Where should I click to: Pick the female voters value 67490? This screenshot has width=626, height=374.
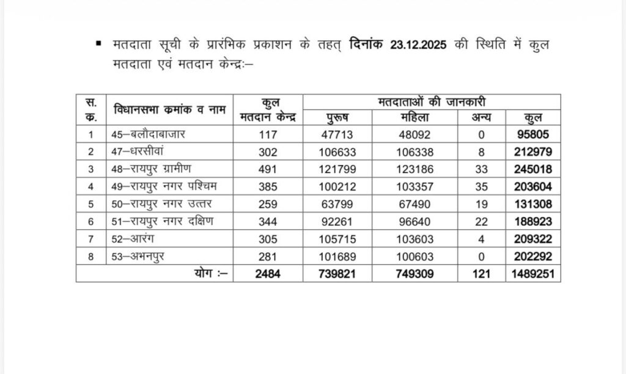click(x=414, y=204)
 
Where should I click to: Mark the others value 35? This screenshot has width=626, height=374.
click(x=481, y=186)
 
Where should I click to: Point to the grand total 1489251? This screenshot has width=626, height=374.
click(x=533, y=274)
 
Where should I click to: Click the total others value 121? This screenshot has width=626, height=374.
click(x=481, y=274)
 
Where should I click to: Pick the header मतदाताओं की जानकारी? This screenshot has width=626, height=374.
click(x=432, y=101)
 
